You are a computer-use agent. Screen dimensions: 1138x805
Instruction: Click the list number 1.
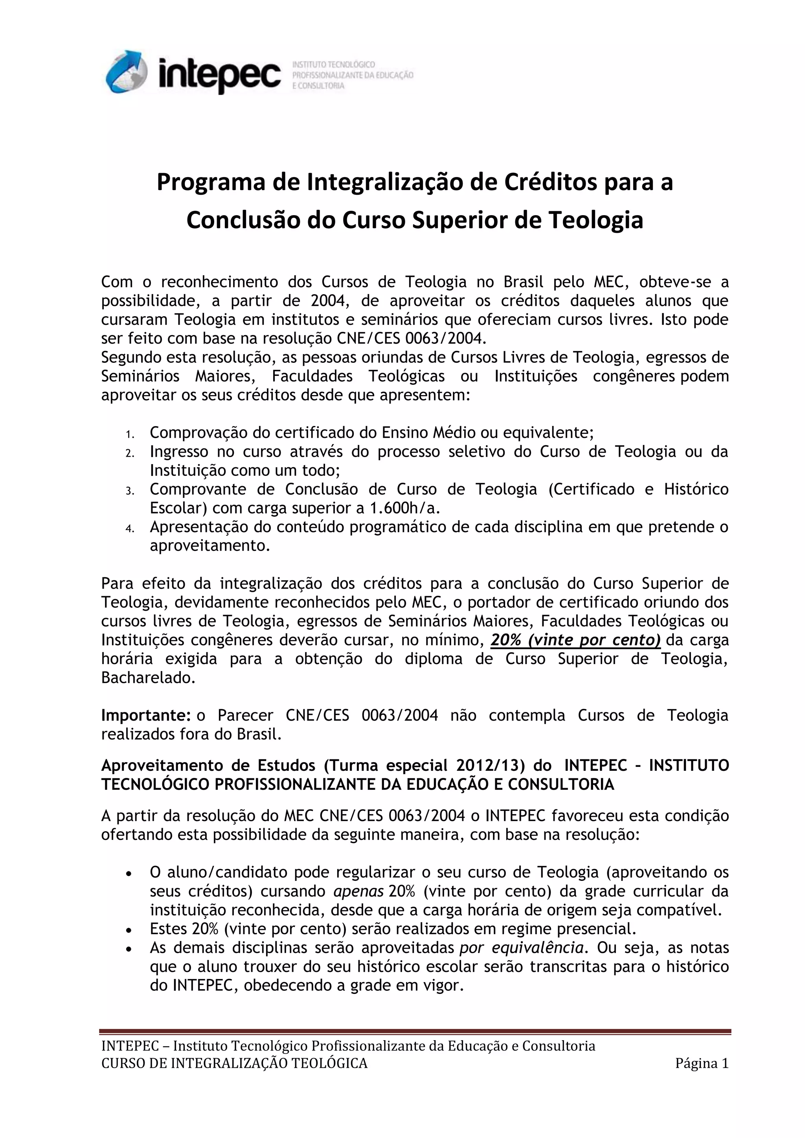[x=129, y=435]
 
